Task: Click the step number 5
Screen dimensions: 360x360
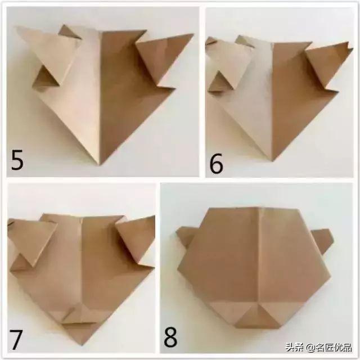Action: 17,159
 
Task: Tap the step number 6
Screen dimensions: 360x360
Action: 216,164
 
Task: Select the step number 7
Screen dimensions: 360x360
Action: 16,340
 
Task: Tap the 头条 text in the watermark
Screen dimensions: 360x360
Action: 296,346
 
